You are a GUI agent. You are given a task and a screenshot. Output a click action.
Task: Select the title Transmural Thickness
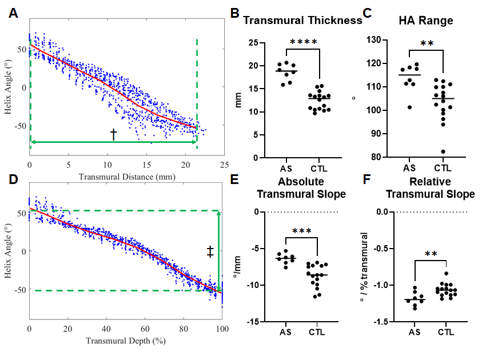pyautogui.click(x=302, y=20)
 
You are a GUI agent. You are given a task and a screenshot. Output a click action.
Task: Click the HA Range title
pyautogui.click(x=425, y=20)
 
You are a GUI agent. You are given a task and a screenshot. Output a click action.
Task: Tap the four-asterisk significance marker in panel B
pyautogui.click(x=304, y=42)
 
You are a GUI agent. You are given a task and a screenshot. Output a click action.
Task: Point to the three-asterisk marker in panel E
pyautogui.click(x=304, y=231)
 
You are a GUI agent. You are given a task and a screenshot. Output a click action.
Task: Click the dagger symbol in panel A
pyautogui.click(x=113, y=134)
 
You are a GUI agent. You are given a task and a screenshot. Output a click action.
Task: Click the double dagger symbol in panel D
pyautogui.click(x=210, y=251)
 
